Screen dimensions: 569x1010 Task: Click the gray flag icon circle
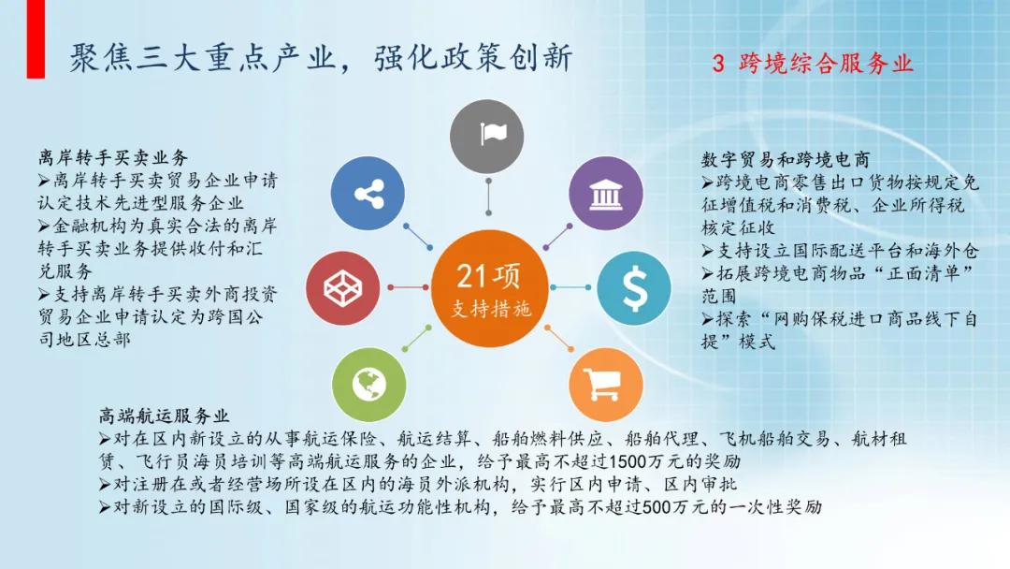click(x=488, y=134)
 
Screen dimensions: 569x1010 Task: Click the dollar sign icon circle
click(x=634, y=286)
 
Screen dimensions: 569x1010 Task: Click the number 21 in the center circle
click(x=472, y=276)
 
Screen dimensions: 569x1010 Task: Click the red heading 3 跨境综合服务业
click(x=812, y=64)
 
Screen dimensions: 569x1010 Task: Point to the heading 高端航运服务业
click(x=165, y=415)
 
